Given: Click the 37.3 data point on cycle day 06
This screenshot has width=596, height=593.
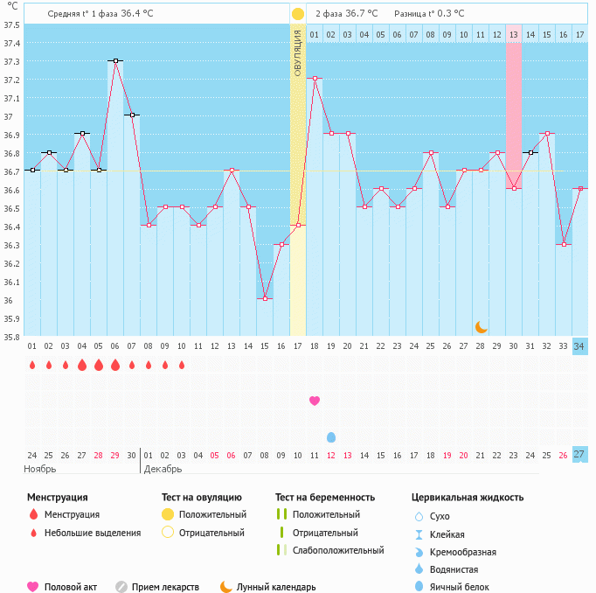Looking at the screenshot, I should pos(115,61).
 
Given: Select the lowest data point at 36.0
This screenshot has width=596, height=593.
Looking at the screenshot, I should pos(265,299).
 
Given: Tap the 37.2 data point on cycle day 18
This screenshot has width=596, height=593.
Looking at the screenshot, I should pos(315,79).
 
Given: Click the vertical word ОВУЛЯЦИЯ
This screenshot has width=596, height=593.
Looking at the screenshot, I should pos(297,53).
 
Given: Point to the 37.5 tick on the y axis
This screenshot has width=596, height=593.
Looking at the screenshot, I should pos(11,24).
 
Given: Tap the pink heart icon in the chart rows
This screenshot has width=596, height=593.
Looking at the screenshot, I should pos(315,401).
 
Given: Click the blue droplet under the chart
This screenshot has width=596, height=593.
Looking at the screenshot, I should pos(331,436).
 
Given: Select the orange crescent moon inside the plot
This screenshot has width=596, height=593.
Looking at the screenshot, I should pos(481,326).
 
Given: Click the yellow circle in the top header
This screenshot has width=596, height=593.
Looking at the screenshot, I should pos(298,14).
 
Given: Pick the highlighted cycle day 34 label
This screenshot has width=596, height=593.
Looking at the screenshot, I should pos(579,346).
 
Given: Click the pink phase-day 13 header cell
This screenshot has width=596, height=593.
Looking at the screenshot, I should pos(514,34).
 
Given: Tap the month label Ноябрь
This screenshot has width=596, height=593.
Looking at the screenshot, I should pos(40,469).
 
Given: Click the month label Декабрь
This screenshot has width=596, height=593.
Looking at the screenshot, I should pos(163,469).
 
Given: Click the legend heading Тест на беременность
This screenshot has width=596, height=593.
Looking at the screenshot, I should pos(325,498).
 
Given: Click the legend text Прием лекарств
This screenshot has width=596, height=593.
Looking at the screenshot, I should pos(165,587).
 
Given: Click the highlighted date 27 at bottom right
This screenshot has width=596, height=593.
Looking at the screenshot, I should pos(579,454).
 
